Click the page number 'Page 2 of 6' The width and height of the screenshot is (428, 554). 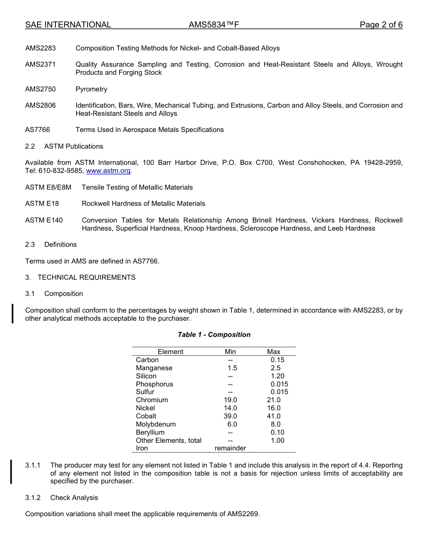point(381,25)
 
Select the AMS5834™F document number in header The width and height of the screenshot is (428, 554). point(214,25)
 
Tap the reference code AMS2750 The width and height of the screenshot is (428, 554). point(41,89)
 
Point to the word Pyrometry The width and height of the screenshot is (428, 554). point(91,89)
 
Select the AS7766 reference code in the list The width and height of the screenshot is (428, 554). point(38,130)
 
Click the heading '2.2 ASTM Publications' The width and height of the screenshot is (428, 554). point(64,146)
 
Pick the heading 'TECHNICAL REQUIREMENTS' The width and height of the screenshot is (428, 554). point(87,277)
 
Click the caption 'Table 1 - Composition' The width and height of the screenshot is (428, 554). point(214,335)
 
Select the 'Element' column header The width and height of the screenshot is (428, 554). point(170,352)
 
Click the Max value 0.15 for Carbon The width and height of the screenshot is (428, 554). point(277,360)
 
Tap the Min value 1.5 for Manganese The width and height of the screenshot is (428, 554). point(232,368)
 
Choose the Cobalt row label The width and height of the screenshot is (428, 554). point(146,416)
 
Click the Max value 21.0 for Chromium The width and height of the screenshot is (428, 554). point(273,400)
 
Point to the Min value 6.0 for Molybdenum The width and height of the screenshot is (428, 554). point(232,424)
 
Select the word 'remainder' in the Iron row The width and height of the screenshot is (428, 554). point(230,448)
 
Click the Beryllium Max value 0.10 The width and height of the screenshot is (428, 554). point(277,432)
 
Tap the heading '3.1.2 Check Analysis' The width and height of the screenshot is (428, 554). point(62,498)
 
